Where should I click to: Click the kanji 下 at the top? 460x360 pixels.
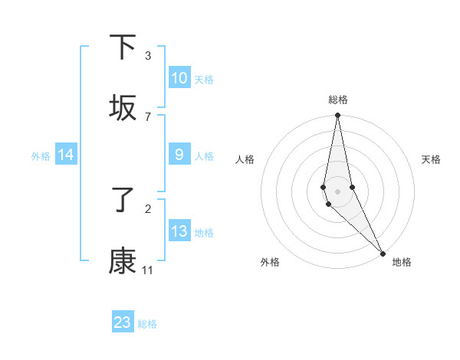click(x=123, y=47)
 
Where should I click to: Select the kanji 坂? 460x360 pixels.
click(x=123, y=109)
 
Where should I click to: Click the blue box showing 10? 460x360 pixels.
click(x=179, y=78)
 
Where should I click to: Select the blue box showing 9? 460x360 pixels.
click(x=179, y=155)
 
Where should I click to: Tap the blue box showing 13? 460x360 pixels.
click(x=179, y=231)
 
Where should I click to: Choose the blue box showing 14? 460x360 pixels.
click(x=66, y=155)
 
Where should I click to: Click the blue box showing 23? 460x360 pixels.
click(x=123, y=322)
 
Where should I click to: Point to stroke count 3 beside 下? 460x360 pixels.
click(x=148, y=56)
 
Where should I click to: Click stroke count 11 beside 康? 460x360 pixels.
click(x=148, y=270)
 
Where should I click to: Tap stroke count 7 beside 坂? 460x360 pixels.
click(x=148, y=116)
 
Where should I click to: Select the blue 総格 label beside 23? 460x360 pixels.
click(x=147, y=324)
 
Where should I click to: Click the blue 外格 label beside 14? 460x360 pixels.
click(x=41, y=156)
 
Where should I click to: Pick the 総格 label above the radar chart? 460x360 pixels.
click(x=337, y=100)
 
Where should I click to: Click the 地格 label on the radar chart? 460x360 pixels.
click(x=402, y=262)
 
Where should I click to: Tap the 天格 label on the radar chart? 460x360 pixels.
click(x=431, y=159)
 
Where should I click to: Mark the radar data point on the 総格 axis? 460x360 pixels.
click(x=337, y=116)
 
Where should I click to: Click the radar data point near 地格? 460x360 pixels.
click(x=383, y=254)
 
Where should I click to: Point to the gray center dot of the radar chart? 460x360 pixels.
click(x=337, y=191)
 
